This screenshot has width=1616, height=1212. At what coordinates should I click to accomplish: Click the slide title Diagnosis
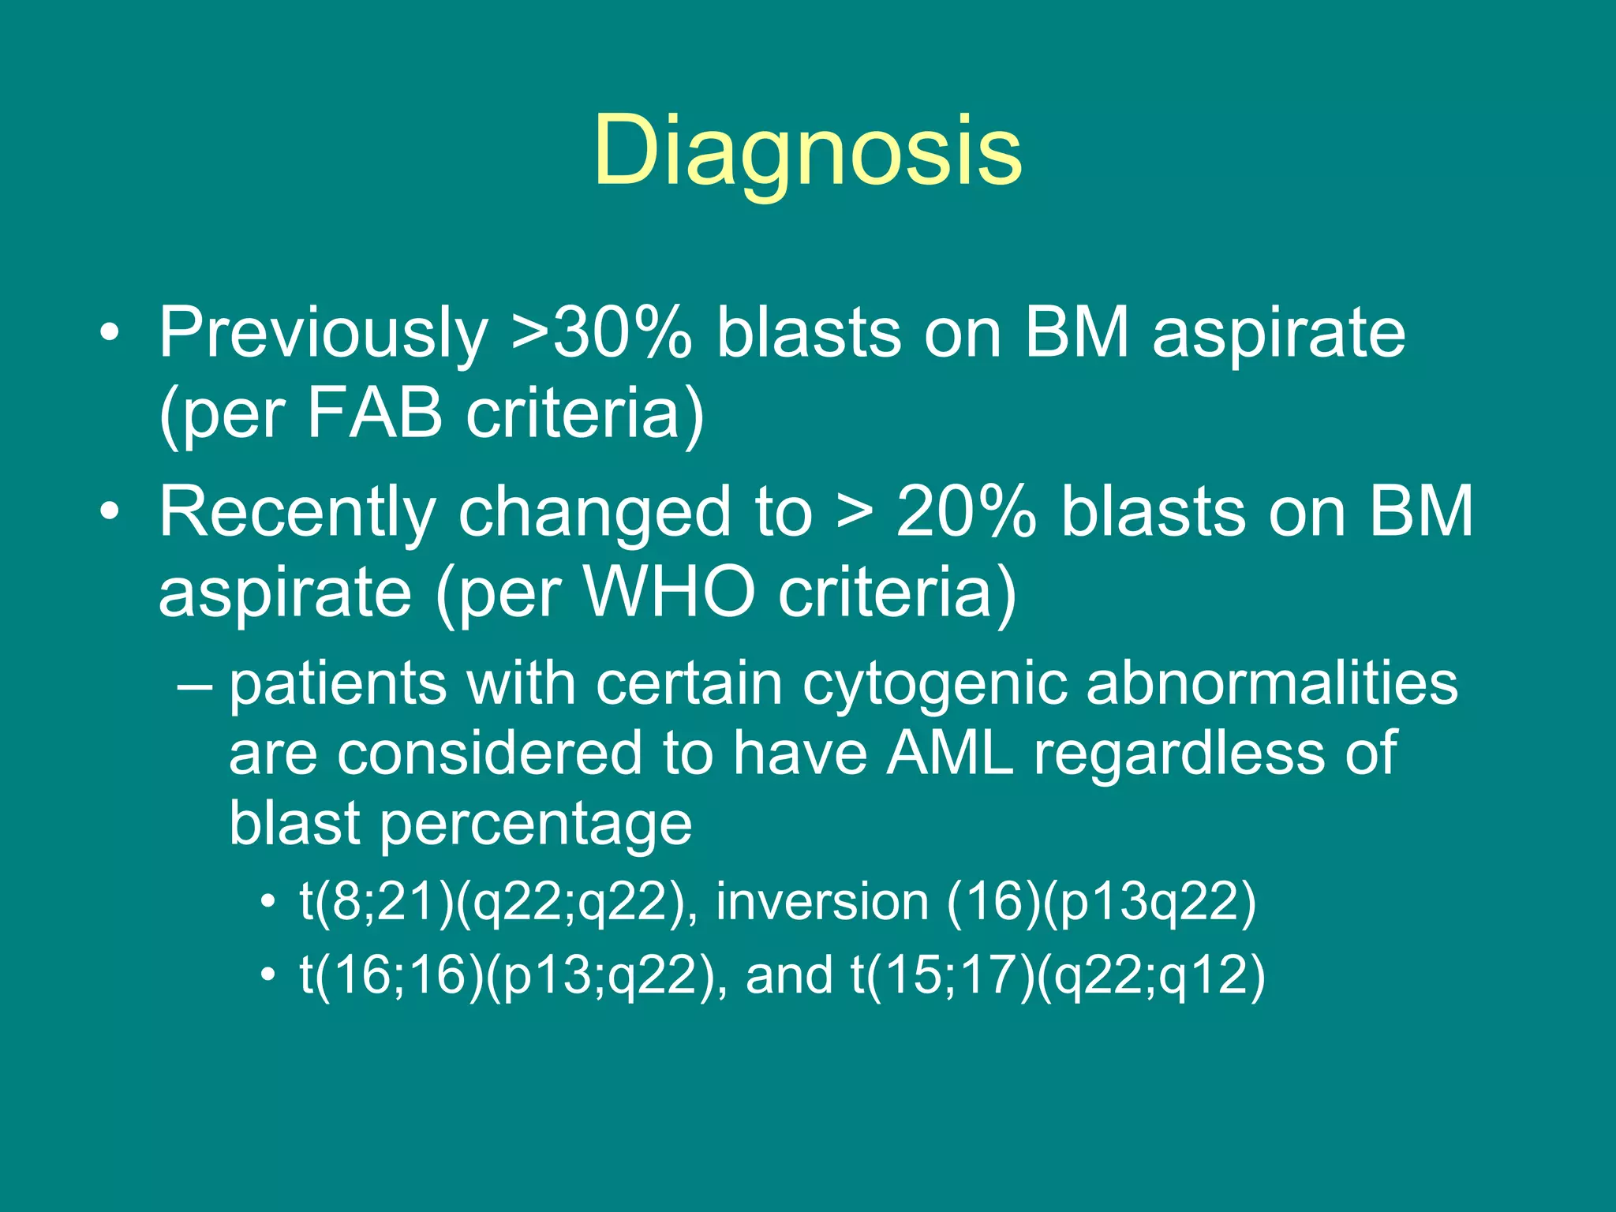(x=808, y=150)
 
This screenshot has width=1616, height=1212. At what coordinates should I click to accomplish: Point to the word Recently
(x=297, y=513)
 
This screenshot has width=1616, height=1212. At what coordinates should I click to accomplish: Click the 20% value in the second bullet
(x=966, y=513)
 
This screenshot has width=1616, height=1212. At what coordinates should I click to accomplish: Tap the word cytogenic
(x=934, y=685)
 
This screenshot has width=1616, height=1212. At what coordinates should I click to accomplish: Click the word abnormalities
(x=1271, y=683)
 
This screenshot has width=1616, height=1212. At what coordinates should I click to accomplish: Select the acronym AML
(x=949, y=754)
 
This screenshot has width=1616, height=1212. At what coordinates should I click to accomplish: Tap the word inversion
(x=822, y=901)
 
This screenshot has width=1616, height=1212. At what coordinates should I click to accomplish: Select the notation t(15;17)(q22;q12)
(x=1057, y=975)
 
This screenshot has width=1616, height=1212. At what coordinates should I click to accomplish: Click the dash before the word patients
(x=194, y=685)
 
